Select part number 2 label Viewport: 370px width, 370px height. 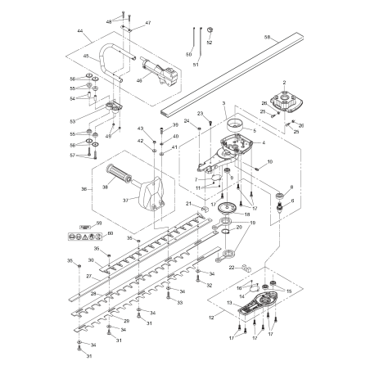pyautogui.click(x=286, y=82)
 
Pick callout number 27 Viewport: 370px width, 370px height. pyautogui.click(x=88, y=276)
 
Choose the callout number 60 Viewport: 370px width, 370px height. pyautogui.click(x=111, y=233)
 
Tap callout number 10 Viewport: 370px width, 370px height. pyautogui.click(x=270, y=162)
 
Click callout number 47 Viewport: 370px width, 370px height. pyautogui.click(x=148, y=23)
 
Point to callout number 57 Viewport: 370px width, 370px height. pyautogui.click(x=72, y=155)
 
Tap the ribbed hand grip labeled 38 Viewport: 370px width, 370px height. pyautogui.click(x=122, y=177)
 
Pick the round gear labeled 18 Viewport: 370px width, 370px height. pyautogui.click(x=225, y=211)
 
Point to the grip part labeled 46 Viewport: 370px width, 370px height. pyautogui.click(x=156, y=71)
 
